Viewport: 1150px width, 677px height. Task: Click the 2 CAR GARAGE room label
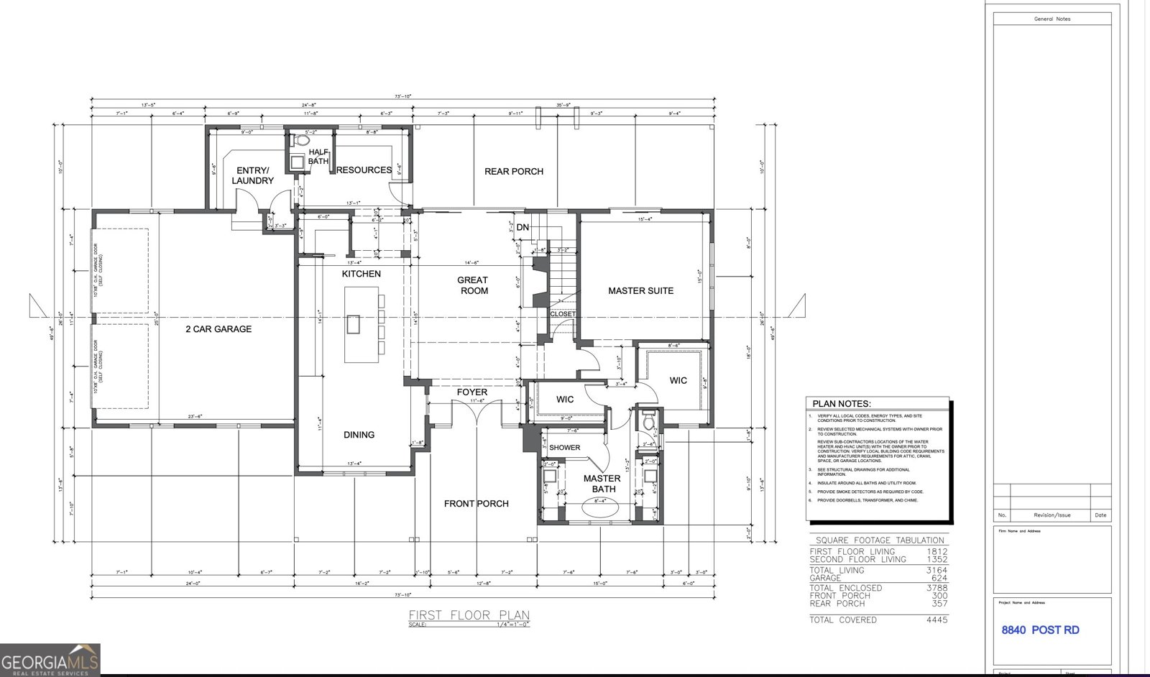click(218, 329)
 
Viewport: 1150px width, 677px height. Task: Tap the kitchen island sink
click(353, 325)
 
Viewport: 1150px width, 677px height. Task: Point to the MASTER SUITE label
click(640, 291)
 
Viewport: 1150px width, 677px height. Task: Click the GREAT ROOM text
click(473, 285)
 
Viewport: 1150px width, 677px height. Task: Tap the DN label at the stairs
click(523, 227)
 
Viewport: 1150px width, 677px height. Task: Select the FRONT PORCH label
click(476, 504)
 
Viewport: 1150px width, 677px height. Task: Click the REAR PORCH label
click(513, 172)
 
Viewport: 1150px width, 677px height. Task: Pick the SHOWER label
click(564, 448)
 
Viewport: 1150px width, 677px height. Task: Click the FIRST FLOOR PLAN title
click(469, 615)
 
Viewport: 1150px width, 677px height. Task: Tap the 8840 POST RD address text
click(1040, 630)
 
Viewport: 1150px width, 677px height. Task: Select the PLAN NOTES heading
click(841, 404)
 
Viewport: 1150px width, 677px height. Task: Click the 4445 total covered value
click(937, 620)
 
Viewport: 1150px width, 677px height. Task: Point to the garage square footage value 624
click(939, 578)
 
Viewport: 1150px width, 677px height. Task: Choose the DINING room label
click(359, 435)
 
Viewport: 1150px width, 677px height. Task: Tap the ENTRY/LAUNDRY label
click(252, 176)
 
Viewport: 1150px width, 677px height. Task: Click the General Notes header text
click(1052, 19)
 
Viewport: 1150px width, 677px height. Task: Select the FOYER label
click(471, 392)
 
